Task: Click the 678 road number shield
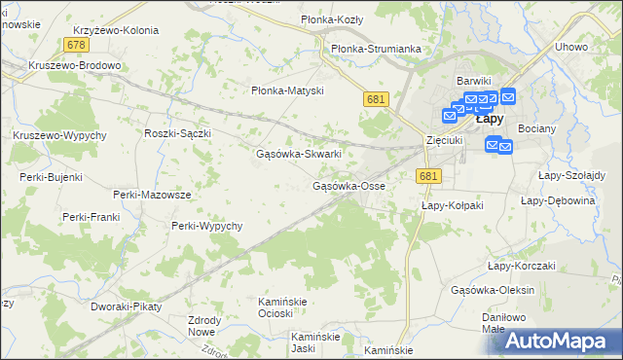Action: point(77,46)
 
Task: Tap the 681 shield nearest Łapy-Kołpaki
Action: point(428,175)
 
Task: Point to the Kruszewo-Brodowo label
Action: point(75,66)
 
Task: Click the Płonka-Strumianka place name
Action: point(376,48)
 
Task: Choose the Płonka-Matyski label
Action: point(286,90)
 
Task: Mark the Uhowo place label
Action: point(570,47)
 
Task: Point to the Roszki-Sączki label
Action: point(177,133)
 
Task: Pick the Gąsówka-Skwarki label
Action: point(298,154)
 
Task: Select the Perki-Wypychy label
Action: point(206,226)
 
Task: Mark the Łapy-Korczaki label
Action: point(521,266)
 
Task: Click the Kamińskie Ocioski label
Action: point(282,307)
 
